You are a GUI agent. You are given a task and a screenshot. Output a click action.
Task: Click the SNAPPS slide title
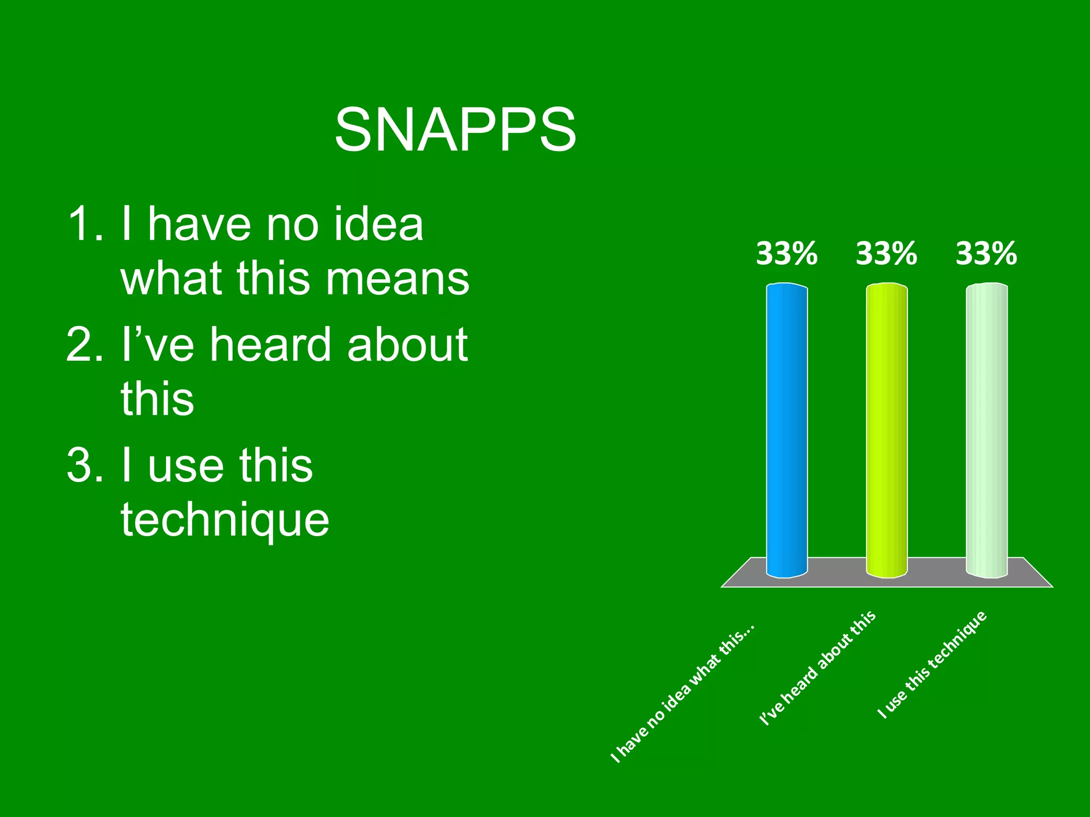coord(455,130)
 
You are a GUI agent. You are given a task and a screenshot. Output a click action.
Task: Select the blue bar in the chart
coord(787,431)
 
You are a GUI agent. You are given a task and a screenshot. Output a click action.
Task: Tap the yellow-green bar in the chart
coord(887,431)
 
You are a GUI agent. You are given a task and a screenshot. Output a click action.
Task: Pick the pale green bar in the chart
coord(987,431)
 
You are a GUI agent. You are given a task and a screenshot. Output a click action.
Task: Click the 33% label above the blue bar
coord(787,254)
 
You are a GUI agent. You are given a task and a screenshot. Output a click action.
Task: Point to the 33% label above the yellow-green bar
coord(887,254)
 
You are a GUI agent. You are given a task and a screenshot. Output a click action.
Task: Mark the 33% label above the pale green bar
coord(986,254)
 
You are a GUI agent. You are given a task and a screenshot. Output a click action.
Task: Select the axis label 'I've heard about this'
coord(817,668)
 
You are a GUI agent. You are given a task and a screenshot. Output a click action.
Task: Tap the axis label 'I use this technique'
coord(932,665)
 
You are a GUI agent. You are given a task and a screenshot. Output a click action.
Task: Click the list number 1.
coord(84,224)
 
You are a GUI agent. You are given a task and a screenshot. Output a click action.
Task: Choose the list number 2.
coord(84,345)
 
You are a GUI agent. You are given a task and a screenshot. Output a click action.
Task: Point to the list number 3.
coord(84,465)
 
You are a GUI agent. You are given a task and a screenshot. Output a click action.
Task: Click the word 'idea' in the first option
coord(378,224)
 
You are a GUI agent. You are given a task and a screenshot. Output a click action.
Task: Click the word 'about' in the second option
coord(407,345)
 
